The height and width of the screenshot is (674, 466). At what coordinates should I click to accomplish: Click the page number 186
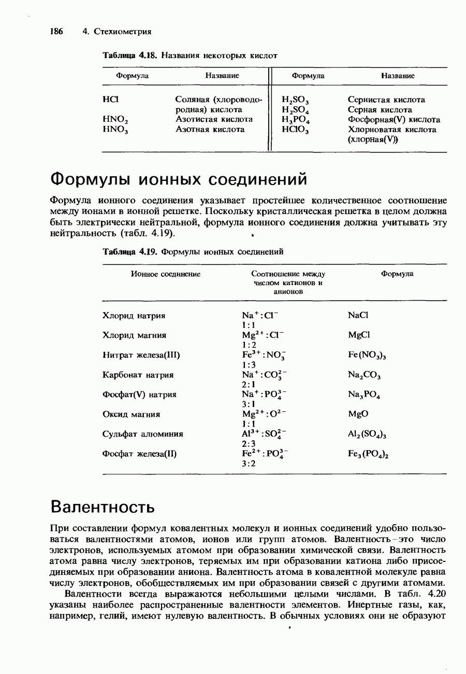pos(56,32)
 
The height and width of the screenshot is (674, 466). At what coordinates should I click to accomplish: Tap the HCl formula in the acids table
pos(110,99)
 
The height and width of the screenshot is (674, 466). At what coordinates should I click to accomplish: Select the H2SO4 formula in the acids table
pos(295,110)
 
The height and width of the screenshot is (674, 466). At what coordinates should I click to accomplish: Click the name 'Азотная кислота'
pos(210,129)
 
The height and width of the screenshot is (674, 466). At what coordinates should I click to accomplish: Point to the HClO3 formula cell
pos(295,130)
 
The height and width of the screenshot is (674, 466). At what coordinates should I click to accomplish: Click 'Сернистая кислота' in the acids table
pos(386,99)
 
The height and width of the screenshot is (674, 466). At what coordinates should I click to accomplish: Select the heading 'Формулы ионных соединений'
pos(179,179)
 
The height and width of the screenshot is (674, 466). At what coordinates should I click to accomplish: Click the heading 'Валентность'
pos(102,505)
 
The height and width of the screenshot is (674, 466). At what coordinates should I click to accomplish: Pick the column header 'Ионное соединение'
pos(166,274)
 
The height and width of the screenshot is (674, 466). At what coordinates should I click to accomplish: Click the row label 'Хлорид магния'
pos(134,335)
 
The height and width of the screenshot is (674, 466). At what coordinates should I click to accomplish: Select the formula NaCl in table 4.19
pos(358,315)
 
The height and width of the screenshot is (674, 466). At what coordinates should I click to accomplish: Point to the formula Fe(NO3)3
pos(369,355)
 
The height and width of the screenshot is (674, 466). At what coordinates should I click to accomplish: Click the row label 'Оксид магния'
pos(132,414)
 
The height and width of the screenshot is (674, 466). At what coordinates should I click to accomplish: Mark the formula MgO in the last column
pos(358,414)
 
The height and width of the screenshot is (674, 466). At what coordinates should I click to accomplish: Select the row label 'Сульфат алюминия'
pos(143,434)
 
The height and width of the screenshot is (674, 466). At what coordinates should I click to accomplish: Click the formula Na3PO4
pos(365,395)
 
